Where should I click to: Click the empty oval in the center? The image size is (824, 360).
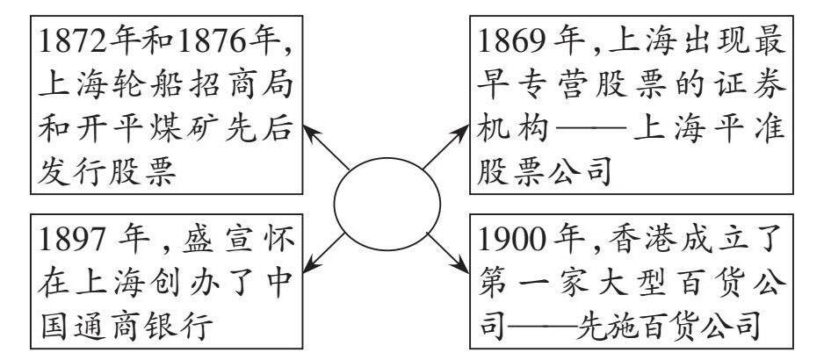tap(387, 204)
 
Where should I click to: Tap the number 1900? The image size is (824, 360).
tap(515, 240)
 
